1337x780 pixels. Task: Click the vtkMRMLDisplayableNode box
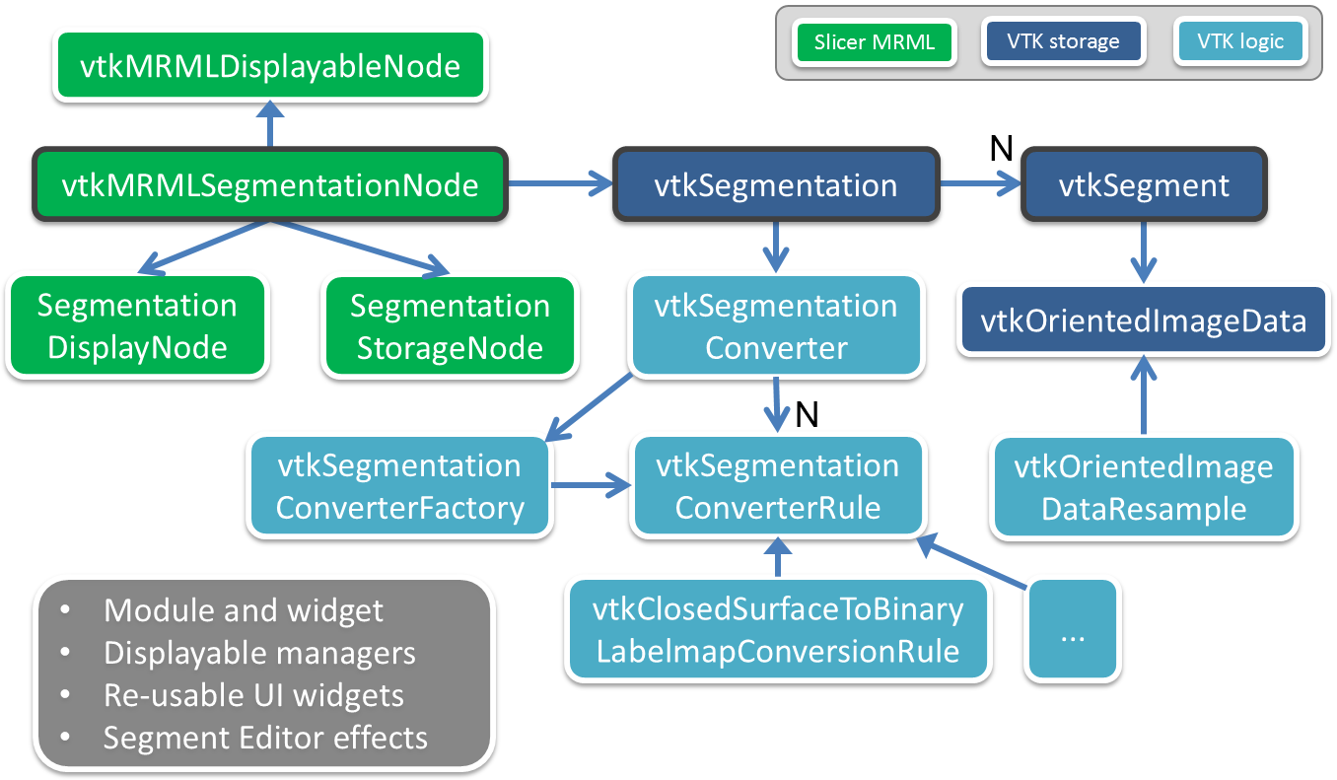[271, 66]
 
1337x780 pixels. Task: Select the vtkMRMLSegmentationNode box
[271, 184]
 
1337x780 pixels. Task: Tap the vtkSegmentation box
[776, 184]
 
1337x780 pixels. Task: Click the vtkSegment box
[1144, 184]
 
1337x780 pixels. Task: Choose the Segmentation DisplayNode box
[137, 325]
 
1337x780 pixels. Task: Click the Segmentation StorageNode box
[450, 325]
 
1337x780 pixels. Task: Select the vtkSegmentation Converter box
[776, 325]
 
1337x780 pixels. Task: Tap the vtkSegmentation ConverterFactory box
[399, 487]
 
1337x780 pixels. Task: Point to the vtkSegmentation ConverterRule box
[777, 487]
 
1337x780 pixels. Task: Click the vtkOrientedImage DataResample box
[1144, 487]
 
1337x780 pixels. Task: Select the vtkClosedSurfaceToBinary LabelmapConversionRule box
[778, 630]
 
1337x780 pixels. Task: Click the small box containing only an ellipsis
[1072, 630]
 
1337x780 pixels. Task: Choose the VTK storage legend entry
[1063, 42]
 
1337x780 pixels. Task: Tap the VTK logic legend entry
[1240, 42]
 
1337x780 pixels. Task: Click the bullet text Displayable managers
[259, 653]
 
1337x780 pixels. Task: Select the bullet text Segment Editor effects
[265, 737]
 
